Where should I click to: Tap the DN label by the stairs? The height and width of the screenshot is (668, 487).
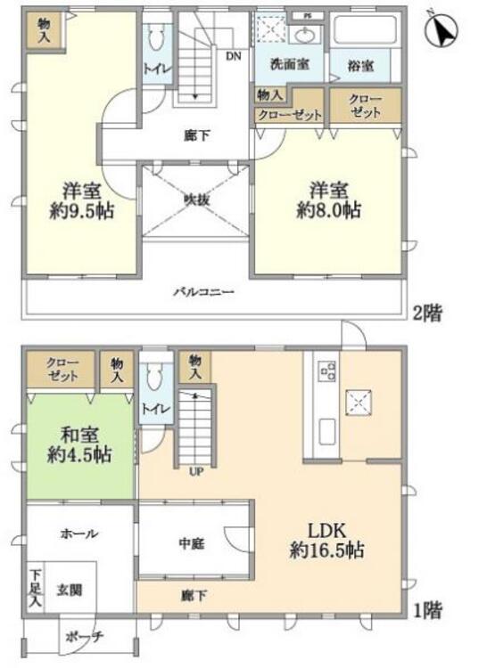tap(234, 56)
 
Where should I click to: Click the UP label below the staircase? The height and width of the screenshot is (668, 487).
tap(196, 471)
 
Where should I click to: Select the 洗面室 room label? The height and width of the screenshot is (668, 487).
tap(289, 64)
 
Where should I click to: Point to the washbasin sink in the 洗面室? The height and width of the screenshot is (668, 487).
tap(306, 36)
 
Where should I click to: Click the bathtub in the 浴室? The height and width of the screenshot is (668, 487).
tap(366, 29)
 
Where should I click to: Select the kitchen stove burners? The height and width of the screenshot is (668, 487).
tap(327, 371)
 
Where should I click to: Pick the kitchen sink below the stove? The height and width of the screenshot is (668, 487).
tap(327, 432)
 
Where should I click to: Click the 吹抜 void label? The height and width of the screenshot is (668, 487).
tap(196, 199)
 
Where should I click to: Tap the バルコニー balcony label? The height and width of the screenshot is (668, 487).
tap(204, 292)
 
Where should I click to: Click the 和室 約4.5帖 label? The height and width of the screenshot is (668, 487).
tap(79, 444)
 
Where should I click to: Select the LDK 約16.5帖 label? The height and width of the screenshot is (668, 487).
tap(327, 541)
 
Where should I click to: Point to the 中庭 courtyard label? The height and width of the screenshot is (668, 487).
tap(192, 543)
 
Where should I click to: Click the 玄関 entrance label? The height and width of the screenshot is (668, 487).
tap(69, 591)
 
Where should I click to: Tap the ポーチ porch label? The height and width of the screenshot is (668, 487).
tap(85, 638)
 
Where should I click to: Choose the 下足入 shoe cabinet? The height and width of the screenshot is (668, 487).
tap(36, 589)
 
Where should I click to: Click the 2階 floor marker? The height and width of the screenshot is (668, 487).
tap(428, 314)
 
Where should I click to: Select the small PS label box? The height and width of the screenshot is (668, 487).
tap(307, 16)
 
